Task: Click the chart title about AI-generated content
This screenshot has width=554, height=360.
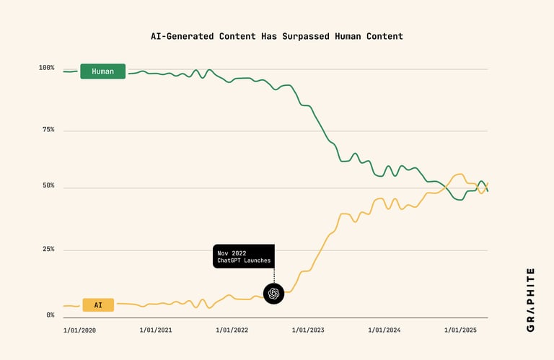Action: click(276, 36)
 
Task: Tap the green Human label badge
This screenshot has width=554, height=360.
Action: click(102, 71)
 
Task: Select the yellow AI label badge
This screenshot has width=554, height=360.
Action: click(98, 305)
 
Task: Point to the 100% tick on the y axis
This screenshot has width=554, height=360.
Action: click(47, 68)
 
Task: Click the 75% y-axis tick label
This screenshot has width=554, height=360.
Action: click(48, 130)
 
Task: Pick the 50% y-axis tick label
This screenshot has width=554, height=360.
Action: click(48, 186)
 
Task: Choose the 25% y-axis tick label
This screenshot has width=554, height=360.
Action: click(48, 250)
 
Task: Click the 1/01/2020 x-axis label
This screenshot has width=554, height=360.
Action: click(79, 330)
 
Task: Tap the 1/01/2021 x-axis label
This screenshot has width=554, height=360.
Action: click(156, 330)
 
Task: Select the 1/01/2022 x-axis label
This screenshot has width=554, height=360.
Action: click(232, 330)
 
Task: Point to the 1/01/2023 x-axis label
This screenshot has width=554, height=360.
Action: click(308, 330)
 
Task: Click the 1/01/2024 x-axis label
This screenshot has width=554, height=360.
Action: click(384, 330)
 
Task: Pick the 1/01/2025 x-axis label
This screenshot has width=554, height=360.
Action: click(460, 330)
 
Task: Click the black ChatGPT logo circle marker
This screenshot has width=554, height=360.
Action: click(273, 294)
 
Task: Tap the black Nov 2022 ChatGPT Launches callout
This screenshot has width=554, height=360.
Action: click(243, 256)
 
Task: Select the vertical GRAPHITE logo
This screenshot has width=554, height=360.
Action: click(531, 299)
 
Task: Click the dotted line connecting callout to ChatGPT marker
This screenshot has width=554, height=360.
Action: click(273, 276)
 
